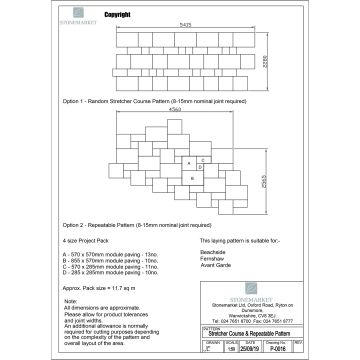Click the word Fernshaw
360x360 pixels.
(x=199, y=260)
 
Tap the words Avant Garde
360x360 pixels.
(x=203, y=268)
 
